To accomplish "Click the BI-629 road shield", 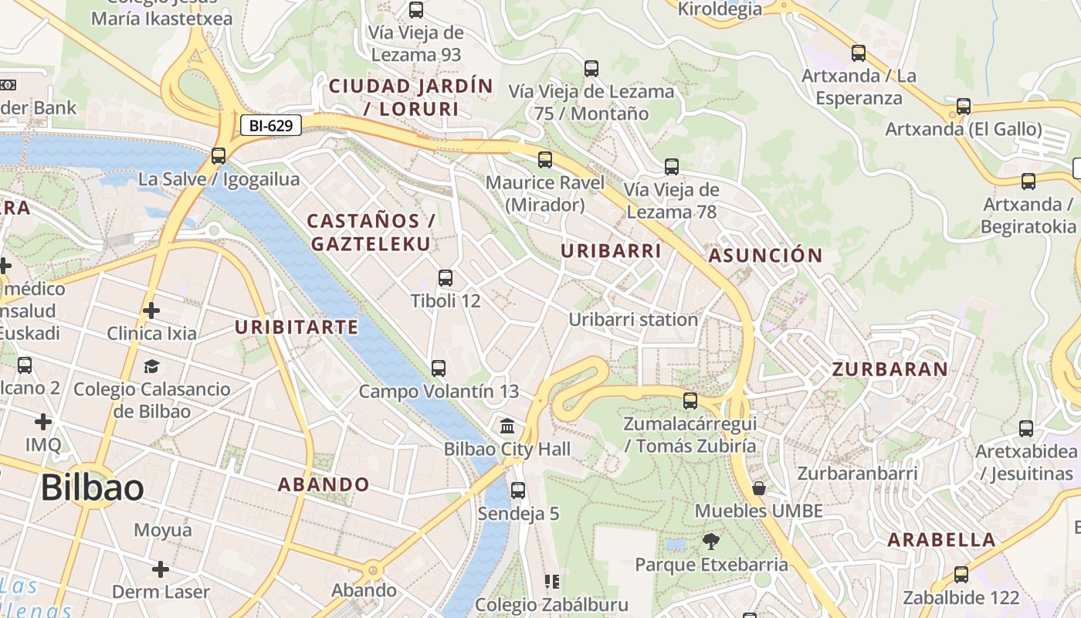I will coord(270,125).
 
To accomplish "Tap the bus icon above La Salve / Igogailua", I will coord(219,156).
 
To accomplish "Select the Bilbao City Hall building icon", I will coord(507,426).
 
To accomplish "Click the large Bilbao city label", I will coord(92,488).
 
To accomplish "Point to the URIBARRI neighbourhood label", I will coord(611,251).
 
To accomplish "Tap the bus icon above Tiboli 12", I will coord(445,278).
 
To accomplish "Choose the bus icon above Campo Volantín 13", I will coord(439,368).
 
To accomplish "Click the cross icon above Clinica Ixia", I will coord(151,311).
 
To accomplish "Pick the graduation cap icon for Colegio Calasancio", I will coord(151,366).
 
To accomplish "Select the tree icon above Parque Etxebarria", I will coord(710,542).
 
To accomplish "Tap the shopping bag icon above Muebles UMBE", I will coord(759,488).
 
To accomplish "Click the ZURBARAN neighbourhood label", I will coord(890,369).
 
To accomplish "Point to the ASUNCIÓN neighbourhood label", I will coord(765,256).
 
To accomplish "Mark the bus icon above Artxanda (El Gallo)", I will coord(963,107).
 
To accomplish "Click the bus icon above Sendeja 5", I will coord(517,491).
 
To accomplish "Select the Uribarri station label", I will coord(633,319).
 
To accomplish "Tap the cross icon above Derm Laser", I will coord(161,569).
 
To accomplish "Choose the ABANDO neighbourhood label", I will coord(324,485).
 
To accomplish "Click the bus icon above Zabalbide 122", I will coord(961,575).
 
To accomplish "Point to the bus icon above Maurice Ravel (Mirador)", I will coord(545,160).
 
